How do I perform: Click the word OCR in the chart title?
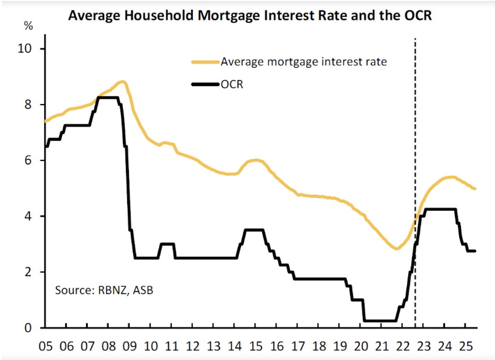418,15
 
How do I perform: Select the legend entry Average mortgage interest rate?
304,62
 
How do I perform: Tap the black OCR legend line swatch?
205,84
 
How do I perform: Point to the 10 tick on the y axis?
25,49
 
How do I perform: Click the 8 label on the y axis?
28,104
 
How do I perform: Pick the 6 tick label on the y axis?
28,161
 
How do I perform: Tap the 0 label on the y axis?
28,328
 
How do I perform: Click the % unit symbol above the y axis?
28,26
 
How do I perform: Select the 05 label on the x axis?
45,346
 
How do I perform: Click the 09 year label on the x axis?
129,346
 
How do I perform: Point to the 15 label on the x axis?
256,346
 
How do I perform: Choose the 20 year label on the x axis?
361,346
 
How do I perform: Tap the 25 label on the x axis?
466,346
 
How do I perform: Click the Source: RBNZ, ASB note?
104,290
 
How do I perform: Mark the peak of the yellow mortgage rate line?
123,82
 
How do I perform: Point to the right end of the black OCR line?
475,251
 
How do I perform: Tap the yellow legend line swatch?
205,62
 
